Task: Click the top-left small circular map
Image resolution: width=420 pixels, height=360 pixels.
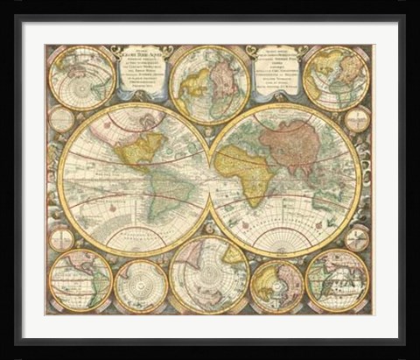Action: [77, 75]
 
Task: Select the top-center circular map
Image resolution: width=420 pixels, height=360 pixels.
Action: [208, 82]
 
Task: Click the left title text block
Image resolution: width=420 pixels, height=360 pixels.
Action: [140, 75]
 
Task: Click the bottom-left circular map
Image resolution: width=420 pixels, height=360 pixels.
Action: [80, 280]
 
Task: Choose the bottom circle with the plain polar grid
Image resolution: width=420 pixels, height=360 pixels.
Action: [141, 285]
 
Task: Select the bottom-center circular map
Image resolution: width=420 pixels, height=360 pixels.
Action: [208, 275]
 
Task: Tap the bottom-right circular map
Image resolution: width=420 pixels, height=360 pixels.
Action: [338, 280]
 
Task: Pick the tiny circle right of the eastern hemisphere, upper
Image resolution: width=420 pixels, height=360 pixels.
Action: [357, 120]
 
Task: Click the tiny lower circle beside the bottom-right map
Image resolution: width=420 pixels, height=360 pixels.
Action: [356, 237]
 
